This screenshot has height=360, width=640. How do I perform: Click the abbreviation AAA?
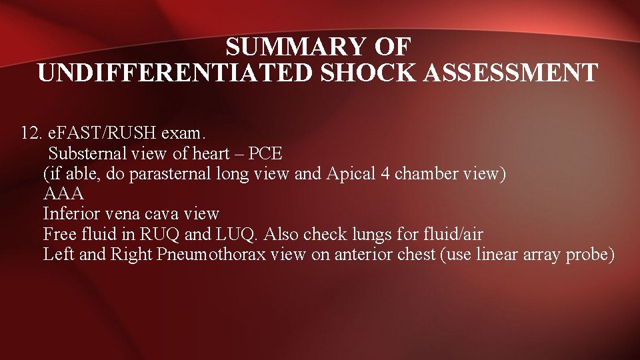[63, 195]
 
